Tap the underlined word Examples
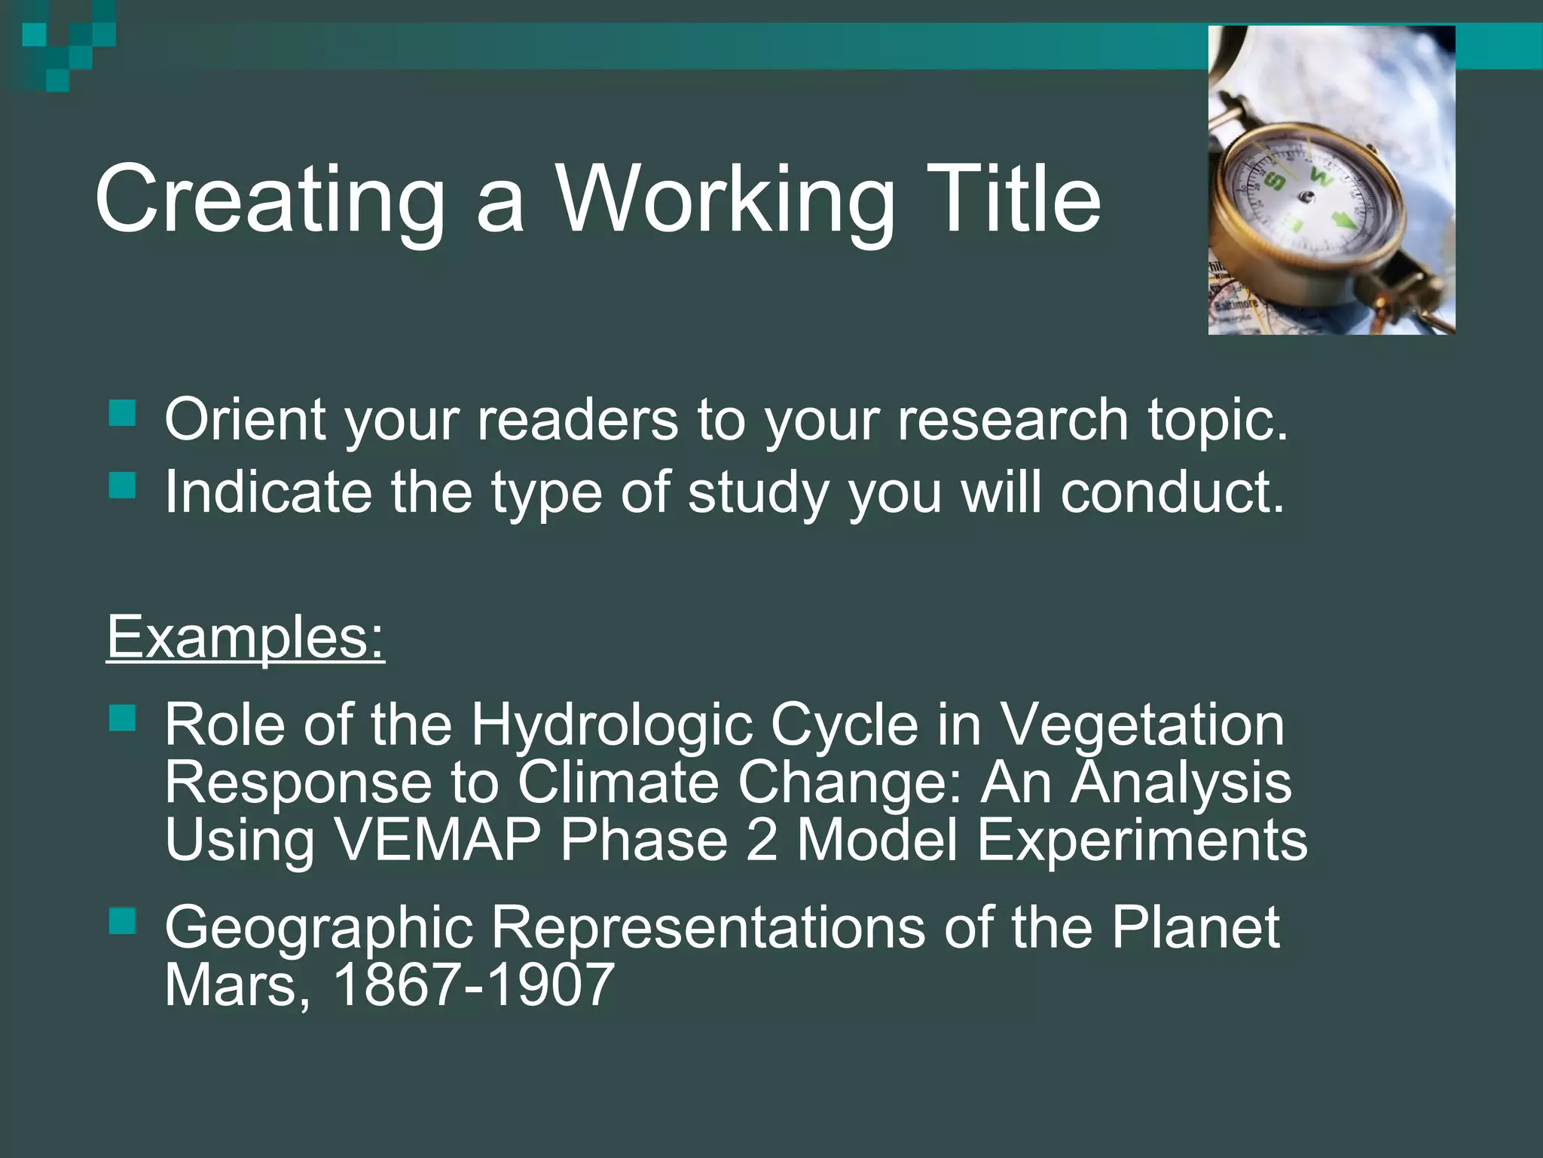pos(246,638)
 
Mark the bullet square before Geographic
pos(122,921)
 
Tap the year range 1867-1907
pos(473,985)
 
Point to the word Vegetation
pos(1142,725)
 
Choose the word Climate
pos(618,783)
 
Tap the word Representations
pos(708,927)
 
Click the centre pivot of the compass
pos(1306,198)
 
